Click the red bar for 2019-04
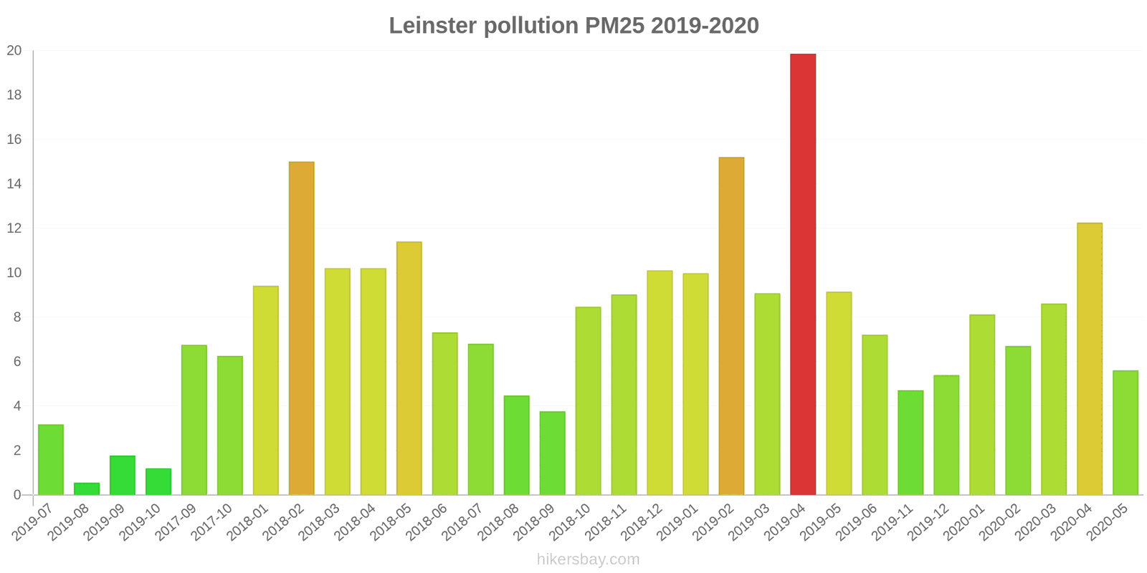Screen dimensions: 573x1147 point(803,274)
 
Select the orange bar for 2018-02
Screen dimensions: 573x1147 point(301,328)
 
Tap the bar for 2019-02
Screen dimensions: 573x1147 point(731,326)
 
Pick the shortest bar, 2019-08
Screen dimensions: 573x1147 point(87,489)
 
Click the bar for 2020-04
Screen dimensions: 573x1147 point(1090,359)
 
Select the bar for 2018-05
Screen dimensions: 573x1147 point(409,368)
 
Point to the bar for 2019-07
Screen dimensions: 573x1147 point(51,460)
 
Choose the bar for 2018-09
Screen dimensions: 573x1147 point(552,453)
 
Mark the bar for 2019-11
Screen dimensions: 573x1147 point(910,443)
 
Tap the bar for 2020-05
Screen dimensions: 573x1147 point(1125,433)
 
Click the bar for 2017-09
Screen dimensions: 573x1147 point(194,420)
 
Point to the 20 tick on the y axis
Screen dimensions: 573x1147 point(14,51)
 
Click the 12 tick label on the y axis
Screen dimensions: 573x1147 point(14,228)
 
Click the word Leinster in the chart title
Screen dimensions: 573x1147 point(432,26)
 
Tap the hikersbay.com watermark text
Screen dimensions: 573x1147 point(588,559)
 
